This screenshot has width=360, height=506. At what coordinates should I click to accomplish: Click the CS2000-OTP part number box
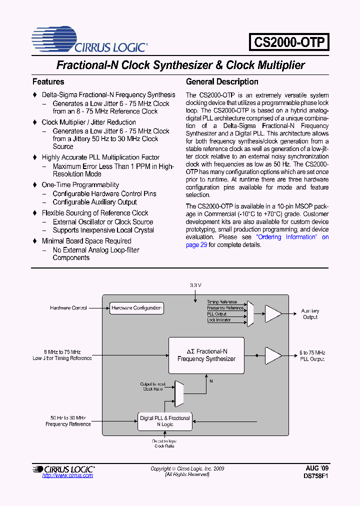pyautogui.click(x=289, y=41)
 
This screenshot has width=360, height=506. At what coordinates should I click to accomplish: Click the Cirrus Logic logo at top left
pyautogui.click(x=89, y=40)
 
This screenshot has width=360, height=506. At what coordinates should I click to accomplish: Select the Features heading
pyautogui.click(x=48, y=81)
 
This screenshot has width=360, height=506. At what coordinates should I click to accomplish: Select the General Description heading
pyautogui.click(x=222, y=81)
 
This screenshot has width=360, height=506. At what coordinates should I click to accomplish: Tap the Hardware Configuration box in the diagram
pyautogui.click(x=136, y=308)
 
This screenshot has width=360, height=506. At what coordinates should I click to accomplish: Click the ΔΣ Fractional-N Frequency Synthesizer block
pyautogui.click(x=206, y=355)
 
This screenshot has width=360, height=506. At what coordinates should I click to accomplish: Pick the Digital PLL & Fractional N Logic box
pyautogui.click(x=164, y=421)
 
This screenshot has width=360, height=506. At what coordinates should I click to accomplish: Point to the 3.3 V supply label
pyautogui.click(x=195, y=285)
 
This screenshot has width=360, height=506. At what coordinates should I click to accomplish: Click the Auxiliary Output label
pyautogui.click(x=310, y=314)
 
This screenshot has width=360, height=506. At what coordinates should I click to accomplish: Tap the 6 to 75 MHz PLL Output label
pyautogui.click(x=312, y=356)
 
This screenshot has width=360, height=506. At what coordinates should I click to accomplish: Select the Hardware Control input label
pyautogui.click(x=68, y=308)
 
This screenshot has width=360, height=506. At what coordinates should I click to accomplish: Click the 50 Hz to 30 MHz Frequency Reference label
pyautogui.click(x=68, y=421)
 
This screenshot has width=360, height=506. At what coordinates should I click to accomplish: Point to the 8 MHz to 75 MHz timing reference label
pyautogui.click(x=62, y=355)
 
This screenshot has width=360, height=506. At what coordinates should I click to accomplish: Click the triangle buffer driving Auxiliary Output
pyautogui.click(x=272, y=313)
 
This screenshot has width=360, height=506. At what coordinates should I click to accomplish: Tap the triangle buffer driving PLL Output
pyautogui.click(x=272, y=355)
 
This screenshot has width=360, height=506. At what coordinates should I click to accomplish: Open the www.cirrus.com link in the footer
pyautogui.click(x=67, y=475)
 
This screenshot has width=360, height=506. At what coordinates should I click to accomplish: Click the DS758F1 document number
pyautogui.click(x=316, y=476)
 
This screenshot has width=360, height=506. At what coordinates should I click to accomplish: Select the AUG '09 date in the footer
pyautogui.click(x=317, y=468)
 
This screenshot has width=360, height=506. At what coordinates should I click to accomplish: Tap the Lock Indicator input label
pyautogui.click(x=219, y=320)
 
